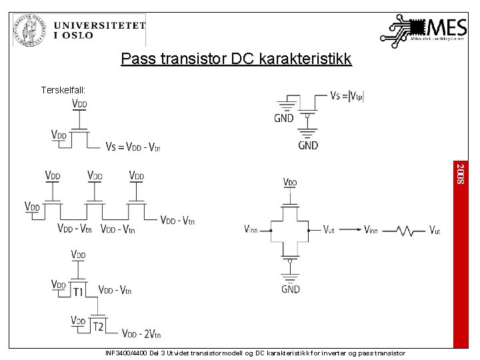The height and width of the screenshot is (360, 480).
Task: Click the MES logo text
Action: click(x=446, y=29)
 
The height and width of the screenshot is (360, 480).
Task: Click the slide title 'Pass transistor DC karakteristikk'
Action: click(x=236, y=59)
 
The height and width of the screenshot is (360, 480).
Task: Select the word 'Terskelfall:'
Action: click(x=63, y=89)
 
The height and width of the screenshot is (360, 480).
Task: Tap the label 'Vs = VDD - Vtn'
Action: click(x=133, y=147)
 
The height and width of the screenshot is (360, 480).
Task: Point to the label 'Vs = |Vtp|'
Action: click(x=347, y=96)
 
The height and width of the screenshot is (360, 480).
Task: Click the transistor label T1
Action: click(x=78, y=291)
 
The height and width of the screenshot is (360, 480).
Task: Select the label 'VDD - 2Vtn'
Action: click(x=141, y=333)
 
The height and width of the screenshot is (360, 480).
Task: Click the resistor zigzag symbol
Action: click(x=403, y=230)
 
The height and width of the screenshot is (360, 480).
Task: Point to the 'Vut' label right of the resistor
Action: click(x=435, y=230)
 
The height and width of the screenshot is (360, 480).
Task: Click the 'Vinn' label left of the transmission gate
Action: click(x=251, y=230)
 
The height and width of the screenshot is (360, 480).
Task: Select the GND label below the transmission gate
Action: click(x=291, y=289)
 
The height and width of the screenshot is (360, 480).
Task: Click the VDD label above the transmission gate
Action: click(x=291, y=181)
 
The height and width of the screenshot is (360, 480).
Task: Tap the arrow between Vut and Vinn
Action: click(x=350, y=230)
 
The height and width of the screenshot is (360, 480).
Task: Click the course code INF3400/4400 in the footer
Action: click(x=127, y=351)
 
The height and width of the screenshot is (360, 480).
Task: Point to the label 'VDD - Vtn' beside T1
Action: click(x=115, y=290)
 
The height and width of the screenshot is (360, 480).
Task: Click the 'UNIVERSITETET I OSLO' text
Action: click(x=99, y=30)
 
